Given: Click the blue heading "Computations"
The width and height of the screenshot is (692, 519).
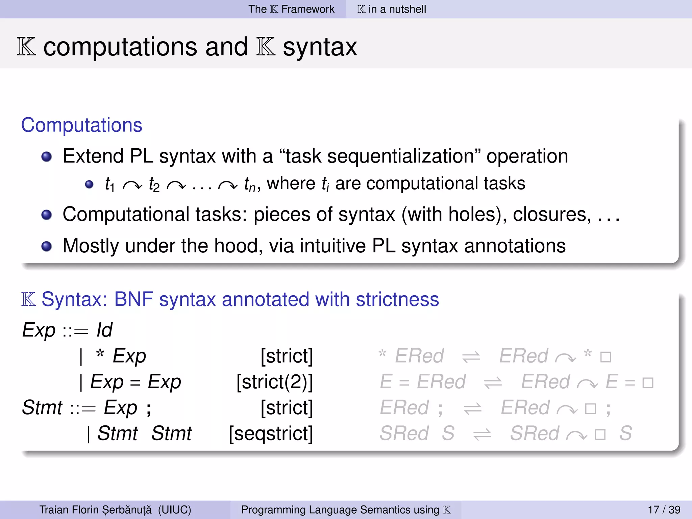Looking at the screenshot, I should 81,125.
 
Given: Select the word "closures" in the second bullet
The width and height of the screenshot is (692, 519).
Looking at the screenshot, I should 552,214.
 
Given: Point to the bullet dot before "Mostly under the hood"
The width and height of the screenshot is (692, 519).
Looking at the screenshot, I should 46,246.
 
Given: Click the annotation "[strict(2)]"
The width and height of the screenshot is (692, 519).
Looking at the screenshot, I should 274,382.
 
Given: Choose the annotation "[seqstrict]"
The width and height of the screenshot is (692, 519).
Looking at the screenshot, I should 271,434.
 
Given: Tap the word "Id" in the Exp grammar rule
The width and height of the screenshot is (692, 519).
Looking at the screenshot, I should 104,330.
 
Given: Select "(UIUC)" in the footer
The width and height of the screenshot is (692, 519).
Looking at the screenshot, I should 174,510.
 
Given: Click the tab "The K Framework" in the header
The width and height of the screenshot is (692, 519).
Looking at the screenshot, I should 291,9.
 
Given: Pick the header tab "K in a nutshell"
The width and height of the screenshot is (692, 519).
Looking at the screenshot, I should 392,9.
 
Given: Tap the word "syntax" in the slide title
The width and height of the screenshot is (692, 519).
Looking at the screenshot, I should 320,47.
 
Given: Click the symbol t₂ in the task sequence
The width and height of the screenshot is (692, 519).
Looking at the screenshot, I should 154,184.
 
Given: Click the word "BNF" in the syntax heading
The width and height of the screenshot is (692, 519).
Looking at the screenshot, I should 133,299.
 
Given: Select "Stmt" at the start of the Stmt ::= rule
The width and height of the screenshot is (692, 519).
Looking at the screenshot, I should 42,407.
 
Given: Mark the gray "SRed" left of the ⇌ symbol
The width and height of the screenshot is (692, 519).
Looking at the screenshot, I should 404,434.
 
